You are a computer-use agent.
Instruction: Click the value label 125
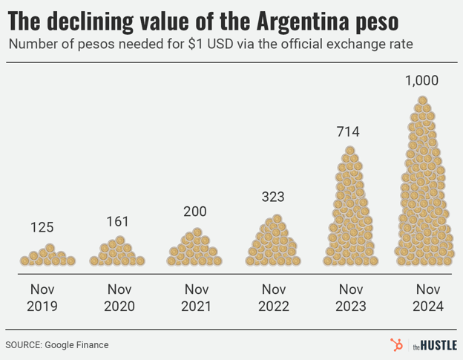pos(42,227)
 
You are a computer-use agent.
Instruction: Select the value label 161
pos(117,221)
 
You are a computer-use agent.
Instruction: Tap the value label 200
pos(195,212)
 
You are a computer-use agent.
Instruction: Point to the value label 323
pos(272,197)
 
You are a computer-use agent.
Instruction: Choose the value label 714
pos(347,132)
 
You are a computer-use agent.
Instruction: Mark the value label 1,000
pos(421,80)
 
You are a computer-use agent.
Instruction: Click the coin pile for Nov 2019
pos(47,257)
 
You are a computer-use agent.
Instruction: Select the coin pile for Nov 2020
pos(117,254)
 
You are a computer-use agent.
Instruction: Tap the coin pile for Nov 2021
pos(195,249)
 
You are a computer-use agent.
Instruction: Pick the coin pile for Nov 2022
pos(272,243)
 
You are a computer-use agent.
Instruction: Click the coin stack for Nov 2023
pos(350,212)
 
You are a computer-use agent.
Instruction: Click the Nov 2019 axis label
pos(42,297)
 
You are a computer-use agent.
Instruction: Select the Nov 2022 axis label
pos(272,297)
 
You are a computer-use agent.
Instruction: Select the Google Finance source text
pos(76,344)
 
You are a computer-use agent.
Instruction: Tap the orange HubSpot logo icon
pos(396,344)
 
